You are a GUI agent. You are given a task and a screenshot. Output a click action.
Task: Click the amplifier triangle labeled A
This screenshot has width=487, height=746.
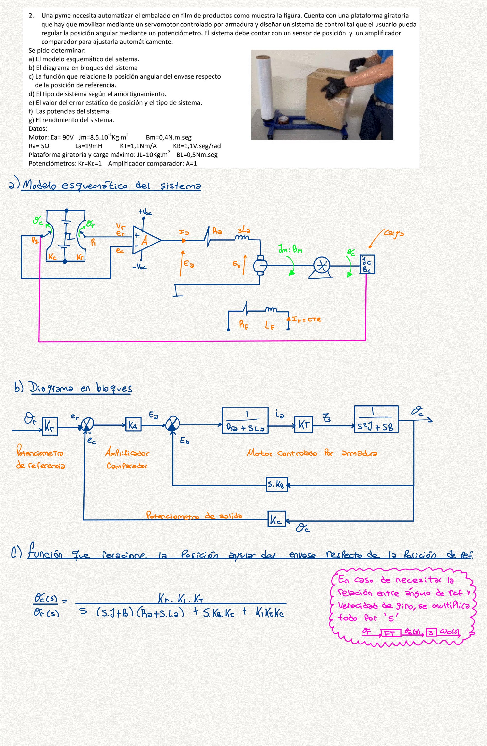pyautogui.click(x=145, y=240)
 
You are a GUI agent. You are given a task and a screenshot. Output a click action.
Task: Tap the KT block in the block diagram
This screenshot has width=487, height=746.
pyautogui.click(x=303, y=425)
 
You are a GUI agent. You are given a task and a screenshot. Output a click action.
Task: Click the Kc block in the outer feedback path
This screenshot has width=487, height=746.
pyautogui.click(x=277, y=519)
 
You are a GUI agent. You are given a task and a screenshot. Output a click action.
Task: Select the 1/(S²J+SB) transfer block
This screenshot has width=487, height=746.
pyautogui.click(x=376, y=419)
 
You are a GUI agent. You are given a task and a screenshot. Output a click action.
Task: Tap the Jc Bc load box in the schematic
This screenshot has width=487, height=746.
pyautogui.click(x=367, y=264)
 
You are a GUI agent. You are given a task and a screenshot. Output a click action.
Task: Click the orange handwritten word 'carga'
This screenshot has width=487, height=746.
pyautogui.click(x=394, y=234)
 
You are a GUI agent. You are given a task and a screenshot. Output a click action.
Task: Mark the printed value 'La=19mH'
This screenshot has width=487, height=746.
pyautogui.click(x=88, y=146)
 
